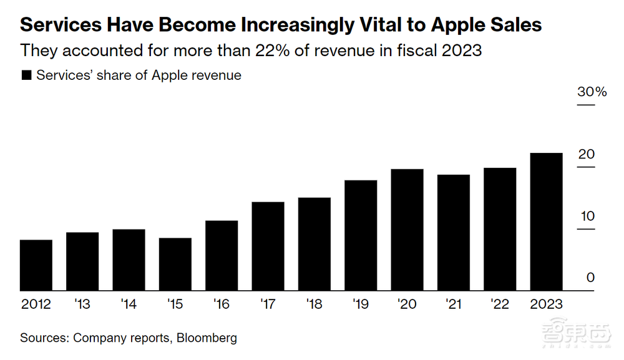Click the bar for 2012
pos(36,265)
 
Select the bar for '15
pos(175,265)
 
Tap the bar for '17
pos(268,246)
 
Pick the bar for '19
pos(361,235)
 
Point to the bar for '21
pos(454,233)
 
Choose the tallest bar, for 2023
pos(546,221)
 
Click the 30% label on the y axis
pos(592,92)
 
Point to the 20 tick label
pos(587,154)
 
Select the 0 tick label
pos(590,278)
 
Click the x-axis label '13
pos(82,304)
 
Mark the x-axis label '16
pos(222,304)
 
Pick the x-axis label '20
pos(407,304)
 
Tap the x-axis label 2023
pos(545,304)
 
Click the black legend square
pos(27,75)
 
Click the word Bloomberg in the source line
pos(207,338)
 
